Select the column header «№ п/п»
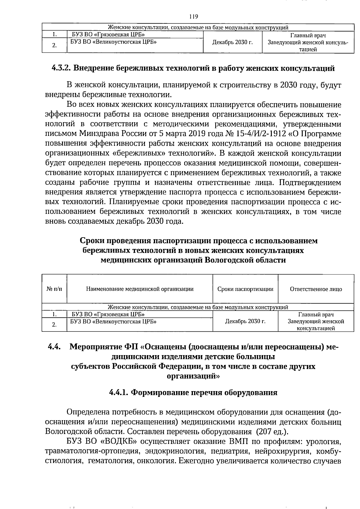pos(54,289)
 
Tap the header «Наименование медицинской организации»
pos(140,289)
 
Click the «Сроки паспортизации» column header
pos(245,289)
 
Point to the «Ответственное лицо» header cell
pos(316,289)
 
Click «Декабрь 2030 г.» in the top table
pos(232,42)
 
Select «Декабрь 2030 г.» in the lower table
pos(245,321)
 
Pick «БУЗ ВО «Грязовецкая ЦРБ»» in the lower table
pos(108,315)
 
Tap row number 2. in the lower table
pos(54,325)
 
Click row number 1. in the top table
pos(54,35)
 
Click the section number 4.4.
pos(54,347)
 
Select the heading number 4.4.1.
pos(119,393)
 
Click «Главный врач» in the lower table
pos(316,315)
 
